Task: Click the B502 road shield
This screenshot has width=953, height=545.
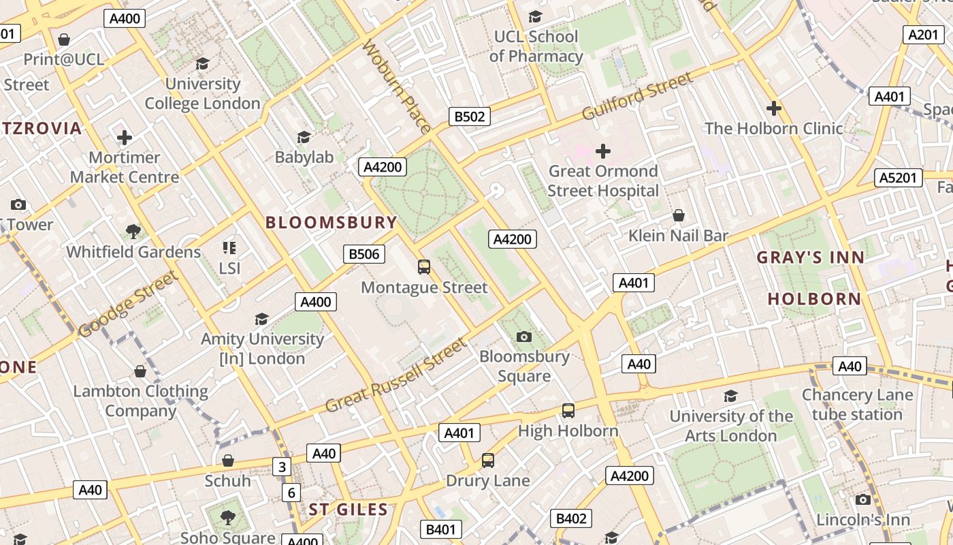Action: [470, 116]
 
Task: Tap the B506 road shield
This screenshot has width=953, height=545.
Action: [364, 254]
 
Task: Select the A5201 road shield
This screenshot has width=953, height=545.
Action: [898, 178]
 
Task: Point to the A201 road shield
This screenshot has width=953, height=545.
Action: [923, 35]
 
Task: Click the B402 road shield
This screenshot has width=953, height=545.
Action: [571, 518]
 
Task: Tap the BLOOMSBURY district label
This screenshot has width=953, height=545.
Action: [331, 222]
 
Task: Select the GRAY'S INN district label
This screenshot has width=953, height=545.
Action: [810, 258]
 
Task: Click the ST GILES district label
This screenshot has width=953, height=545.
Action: [349, 510]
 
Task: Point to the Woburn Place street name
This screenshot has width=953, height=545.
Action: [397, 87]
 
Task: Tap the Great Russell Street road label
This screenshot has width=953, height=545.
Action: [397, 375]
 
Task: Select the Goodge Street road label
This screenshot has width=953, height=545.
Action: [129, 304]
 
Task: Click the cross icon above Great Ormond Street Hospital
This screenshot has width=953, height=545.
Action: [603, 151]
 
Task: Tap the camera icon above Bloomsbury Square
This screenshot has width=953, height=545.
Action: [523, 337]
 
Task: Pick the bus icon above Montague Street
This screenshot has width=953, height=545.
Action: [424, 267]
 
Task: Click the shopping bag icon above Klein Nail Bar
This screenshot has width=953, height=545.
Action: [678, 216]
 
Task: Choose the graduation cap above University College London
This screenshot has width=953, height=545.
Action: [202, 64]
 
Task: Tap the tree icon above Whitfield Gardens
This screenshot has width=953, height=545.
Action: [133, 232]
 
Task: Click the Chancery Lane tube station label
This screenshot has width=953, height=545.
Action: [857, 405]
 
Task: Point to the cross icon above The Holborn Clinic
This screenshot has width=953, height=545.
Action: [773, 108]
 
